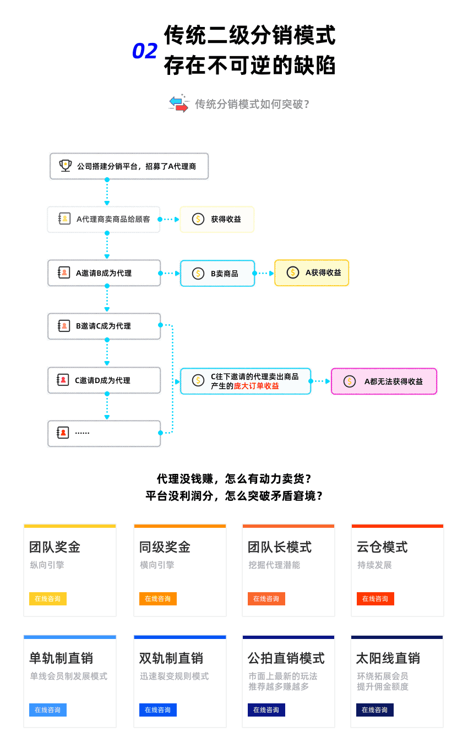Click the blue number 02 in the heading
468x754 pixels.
coord(145,51)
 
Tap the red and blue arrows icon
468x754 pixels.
coord(178,103)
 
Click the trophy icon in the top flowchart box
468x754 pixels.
coord(66,166)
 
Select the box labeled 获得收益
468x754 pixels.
coord(217,219)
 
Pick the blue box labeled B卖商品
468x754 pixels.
coord(217,273)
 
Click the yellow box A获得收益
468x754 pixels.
coord(312,272)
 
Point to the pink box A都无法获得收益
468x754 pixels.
coord(383,381)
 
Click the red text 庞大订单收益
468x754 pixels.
coord(257,386)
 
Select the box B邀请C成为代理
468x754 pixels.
coord(104,326)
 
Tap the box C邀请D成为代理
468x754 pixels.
coord(104,380)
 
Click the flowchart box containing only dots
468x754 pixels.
coord(104,433)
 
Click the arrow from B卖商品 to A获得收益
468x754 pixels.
coord(265,273)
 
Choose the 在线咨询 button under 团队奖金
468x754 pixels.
coord(48,599)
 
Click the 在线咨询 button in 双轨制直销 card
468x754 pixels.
coord(157,710)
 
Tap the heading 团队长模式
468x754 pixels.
coord(280,547)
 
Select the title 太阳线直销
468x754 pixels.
coord(388,658)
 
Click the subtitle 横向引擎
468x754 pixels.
coord(157,565)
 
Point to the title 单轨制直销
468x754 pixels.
coord(61,658)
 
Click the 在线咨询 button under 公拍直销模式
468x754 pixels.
coord(266,710)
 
